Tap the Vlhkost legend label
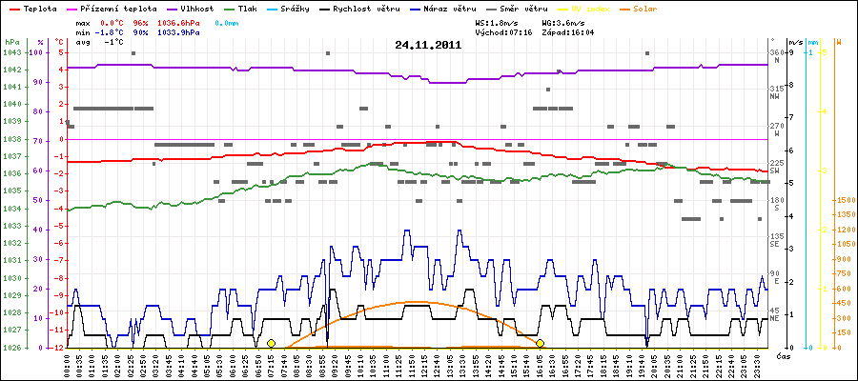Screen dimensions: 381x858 pyautogui.click(x=199, y=9)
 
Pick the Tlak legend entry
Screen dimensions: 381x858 pyautogui.click(x=247, y=9)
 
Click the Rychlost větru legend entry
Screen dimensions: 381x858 pyautogui.click(x=364, y=9)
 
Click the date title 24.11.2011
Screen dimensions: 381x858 pyautogui.click(x=428, y=45)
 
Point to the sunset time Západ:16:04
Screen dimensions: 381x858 pyautogui.click(x=568, y=31)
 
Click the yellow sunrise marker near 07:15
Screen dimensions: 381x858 pyautogui.click(x=271, y=343)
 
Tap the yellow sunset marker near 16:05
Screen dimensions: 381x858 pyautogui.click(x=541, y=343)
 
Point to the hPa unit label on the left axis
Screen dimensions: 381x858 pyautogui.click(x=11, y=43)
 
